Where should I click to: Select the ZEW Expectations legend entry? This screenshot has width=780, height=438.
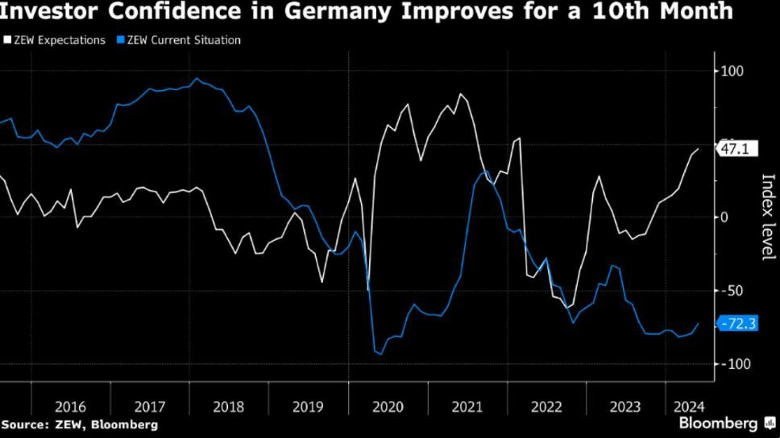point(54,39)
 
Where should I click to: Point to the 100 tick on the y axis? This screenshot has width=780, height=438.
point(732,71)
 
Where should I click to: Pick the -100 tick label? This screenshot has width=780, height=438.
point(735,364)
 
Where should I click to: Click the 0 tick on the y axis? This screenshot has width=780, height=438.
point(724,217)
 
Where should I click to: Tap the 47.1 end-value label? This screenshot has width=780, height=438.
point(735,149)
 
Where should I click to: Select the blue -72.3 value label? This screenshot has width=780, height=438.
point(737,324)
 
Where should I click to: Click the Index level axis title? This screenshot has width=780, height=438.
point(767,217)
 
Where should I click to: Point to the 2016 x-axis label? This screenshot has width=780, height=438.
point(70,407)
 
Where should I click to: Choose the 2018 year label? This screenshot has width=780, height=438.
point(228,407)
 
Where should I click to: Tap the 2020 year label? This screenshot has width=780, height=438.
point(388,407)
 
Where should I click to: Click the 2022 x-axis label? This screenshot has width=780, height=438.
point(546,407)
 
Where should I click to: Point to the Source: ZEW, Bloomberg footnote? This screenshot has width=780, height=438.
point(80,424)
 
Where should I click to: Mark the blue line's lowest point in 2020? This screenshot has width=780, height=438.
point(380,353)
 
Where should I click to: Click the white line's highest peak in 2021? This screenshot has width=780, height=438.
point(460,94)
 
